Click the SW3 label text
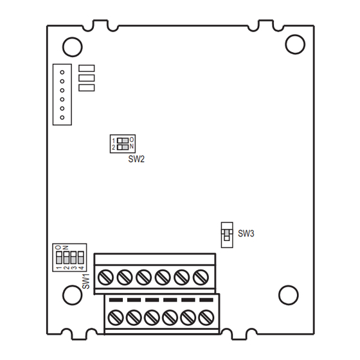point(246,233)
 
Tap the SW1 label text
point(86,282)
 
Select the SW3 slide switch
point(226,235)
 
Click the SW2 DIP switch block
point(122,143)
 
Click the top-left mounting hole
point(71,46)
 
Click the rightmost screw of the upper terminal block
point(200,277)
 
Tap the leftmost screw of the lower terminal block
point(116,317)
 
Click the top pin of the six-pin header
point(62,72)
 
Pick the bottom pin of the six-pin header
point(62,117)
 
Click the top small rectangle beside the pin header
point(86,67)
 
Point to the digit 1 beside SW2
point(114,140)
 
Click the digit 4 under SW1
point(82,267)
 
